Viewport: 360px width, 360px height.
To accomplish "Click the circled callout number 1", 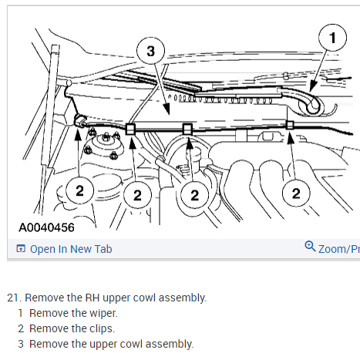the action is (x=332, y=38).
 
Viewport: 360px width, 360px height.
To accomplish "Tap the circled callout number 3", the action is (x=150, y=51).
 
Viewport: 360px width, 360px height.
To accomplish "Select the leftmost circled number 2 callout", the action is (x=79, y=190).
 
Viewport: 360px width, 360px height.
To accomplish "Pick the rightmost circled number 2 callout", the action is (x=296, y=193).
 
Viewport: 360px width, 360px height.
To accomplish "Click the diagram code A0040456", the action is (x=46, y=227).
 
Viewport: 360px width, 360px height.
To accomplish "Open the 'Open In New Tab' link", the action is (x=71, y=249).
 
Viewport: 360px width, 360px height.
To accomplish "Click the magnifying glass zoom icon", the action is (x=310, y=246).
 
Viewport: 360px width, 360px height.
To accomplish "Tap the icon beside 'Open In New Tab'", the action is (x=21, y=248).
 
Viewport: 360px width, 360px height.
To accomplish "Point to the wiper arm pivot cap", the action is (x=312, y=106).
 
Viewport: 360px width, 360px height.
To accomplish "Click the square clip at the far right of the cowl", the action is (x=290, y=125).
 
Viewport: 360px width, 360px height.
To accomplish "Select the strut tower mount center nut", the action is (x=106, y=137).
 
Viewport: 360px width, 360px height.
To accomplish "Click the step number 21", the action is (x=14, y=298).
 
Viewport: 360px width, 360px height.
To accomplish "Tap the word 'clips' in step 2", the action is (x=102, y=328).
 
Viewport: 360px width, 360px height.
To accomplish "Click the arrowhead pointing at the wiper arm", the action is (x=313, y=86).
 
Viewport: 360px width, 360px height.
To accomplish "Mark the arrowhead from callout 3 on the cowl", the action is (x=166, y=109).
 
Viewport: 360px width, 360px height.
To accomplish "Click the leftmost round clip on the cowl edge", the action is (x=79, y=120).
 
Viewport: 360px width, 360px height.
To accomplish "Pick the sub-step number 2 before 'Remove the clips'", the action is (x=21, y=328).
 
